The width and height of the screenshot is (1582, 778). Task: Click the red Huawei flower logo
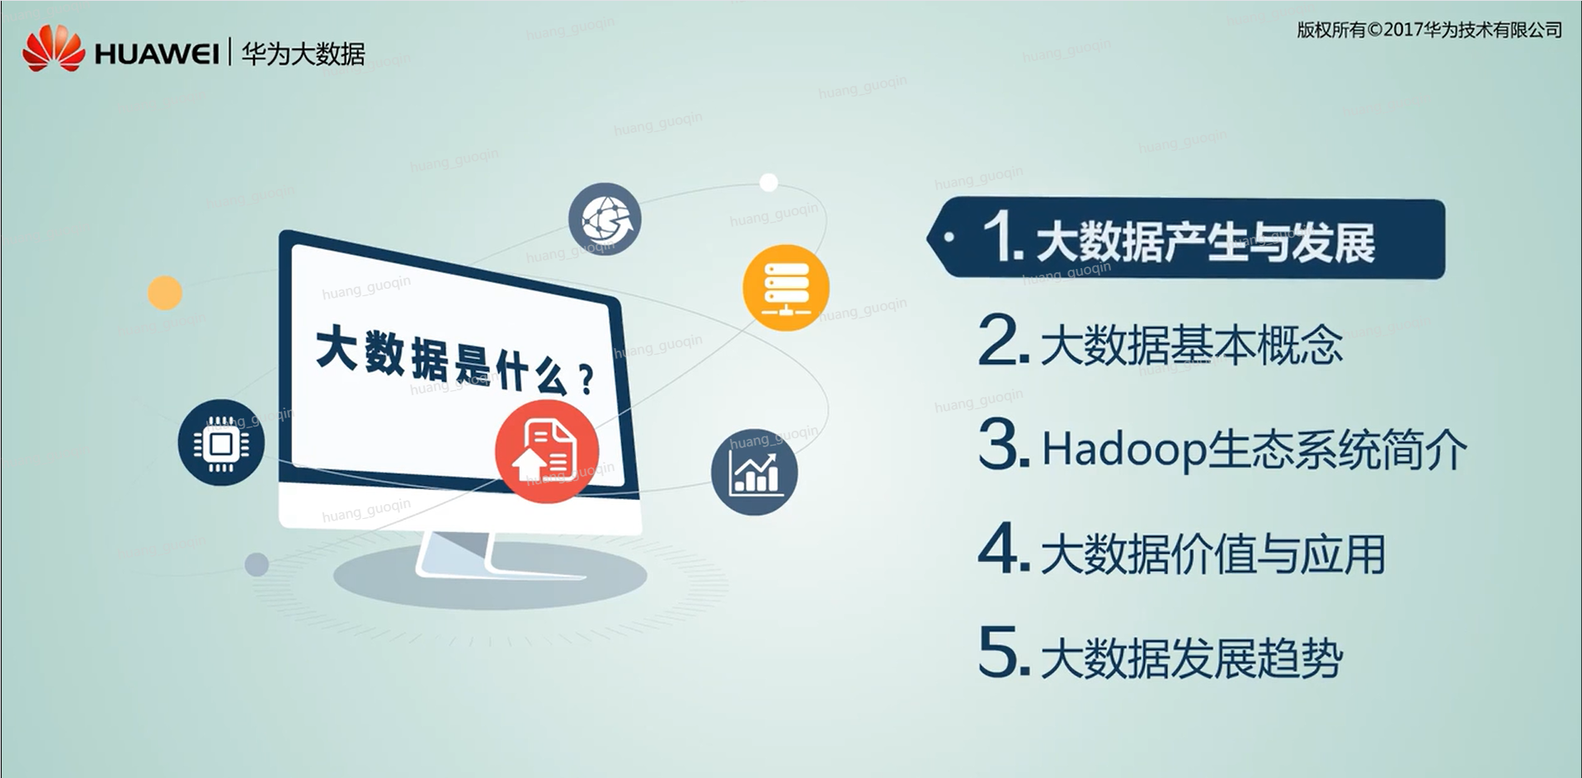54,48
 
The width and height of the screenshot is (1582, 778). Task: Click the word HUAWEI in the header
157,54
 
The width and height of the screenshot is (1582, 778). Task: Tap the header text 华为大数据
303,54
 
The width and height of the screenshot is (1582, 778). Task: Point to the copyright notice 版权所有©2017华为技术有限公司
1429,31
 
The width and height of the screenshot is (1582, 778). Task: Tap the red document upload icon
546,450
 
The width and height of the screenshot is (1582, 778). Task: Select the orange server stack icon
785,288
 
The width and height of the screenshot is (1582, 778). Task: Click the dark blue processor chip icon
221,443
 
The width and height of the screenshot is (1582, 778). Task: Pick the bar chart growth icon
754,472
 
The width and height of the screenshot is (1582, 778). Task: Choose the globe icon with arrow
605,219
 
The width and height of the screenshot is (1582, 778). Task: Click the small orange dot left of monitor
165,293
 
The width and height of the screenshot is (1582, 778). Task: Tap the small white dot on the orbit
769,182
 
